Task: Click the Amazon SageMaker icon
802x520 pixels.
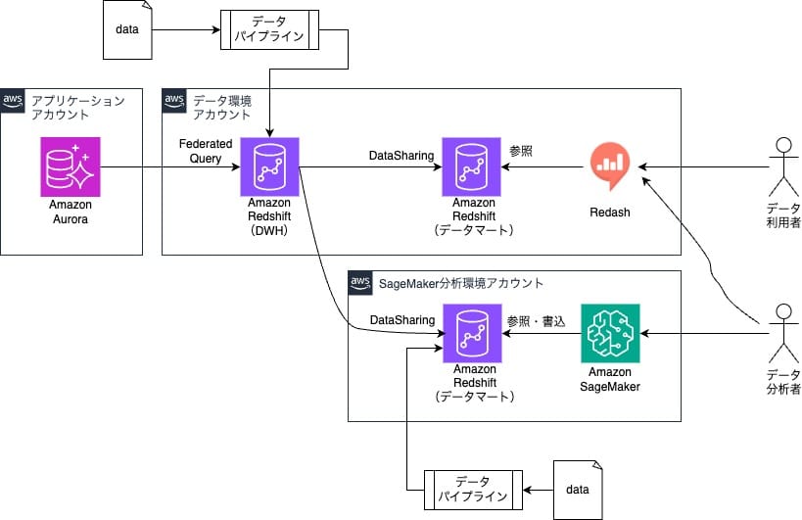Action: (x=609, y=332)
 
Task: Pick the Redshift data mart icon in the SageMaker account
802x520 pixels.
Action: (x=471, y=332)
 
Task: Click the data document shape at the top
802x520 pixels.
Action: (x=127, y=30)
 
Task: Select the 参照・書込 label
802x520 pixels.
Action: (x=536, y=320)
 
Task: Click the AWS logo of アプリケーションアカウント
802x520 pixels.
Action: (x=14, y=100)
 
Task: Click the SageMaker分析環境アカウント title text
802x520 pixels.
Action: (x=460, y=283)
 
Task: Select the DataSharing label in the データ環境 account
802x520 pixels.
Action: (x=401, y=155)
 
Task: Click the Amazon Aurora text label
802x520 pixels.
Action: (x=71, y=213)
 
